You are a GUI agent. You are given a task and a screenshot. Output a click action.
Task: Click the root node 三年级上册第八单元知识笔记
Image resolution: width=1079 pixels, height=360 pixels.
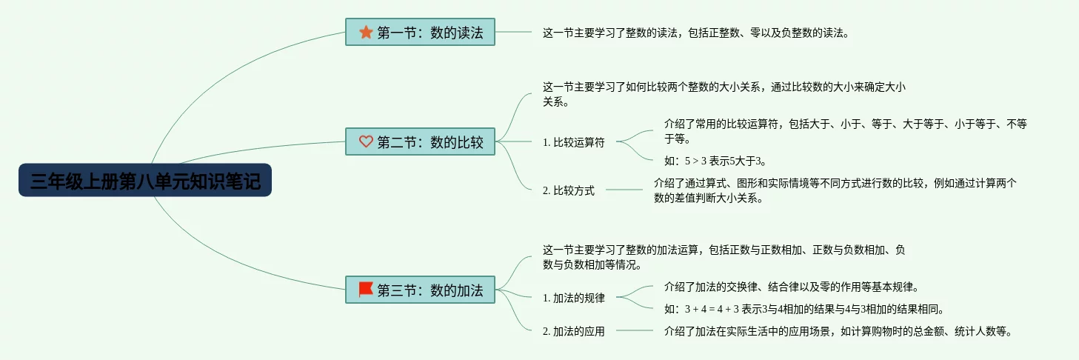[x=145, y=180]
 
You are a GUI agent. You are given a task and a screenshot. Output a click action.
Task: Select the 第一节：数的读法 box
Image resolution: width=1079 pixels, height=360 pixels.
[x=420, y=32]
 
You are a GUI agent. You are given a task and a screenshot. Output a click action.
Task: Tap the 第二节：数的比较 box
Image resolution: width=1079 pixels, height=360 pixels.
[x=420, y=141]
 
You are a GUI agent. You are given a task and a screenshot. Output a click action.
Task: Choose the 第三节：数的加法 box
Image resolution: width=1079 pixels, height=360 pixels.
[x=420, y=290]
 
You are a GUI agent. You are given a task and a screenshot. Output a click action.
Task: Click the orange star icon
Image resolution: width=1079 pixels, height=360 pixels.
[x=366, y=32]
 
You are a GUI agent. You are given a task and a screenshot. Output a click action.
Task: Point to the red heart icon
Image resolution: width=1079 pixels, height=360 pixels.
[x=366, y=141]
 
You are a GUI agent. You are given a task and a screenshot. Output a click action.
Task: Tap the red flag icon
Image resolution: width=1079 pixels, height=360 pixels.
[x=366, y=289]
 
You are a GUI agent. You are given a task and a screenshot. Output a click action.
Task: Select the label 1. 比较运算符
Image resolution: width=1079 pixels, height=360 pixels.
[x=573, y=142]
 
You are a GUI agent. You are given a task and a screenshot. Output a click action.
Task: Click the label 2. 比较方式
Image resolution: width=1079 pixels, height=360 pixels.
[x=568, y=190]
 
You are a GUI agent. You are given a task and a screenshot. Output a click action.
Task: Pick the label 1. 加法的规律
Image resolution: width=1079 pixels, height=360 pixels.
[x=573, y=298]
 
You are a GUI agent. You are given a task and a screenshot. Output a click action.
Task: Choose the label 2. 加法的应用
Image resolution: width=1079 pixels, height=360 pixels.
[x=573, y=331]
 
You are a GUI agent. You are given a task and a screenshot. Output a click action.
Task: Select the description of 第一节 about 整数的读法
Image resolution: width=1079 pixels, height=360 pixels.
[x=695, y=33]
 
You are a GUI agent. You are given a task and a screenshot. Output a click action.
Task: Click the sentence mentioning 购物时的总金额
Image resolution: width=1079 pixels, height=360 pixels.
[x=838, y=331]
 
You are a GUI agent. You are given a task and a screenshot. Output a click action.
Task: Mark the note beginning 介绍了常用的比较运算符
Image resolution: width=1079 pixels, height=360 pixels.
[x=845, y=131]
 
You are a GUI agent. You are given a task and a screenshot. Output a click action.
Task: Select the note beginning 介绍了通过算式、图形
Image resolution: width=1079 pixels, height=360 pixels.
[x=835, y=190]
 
